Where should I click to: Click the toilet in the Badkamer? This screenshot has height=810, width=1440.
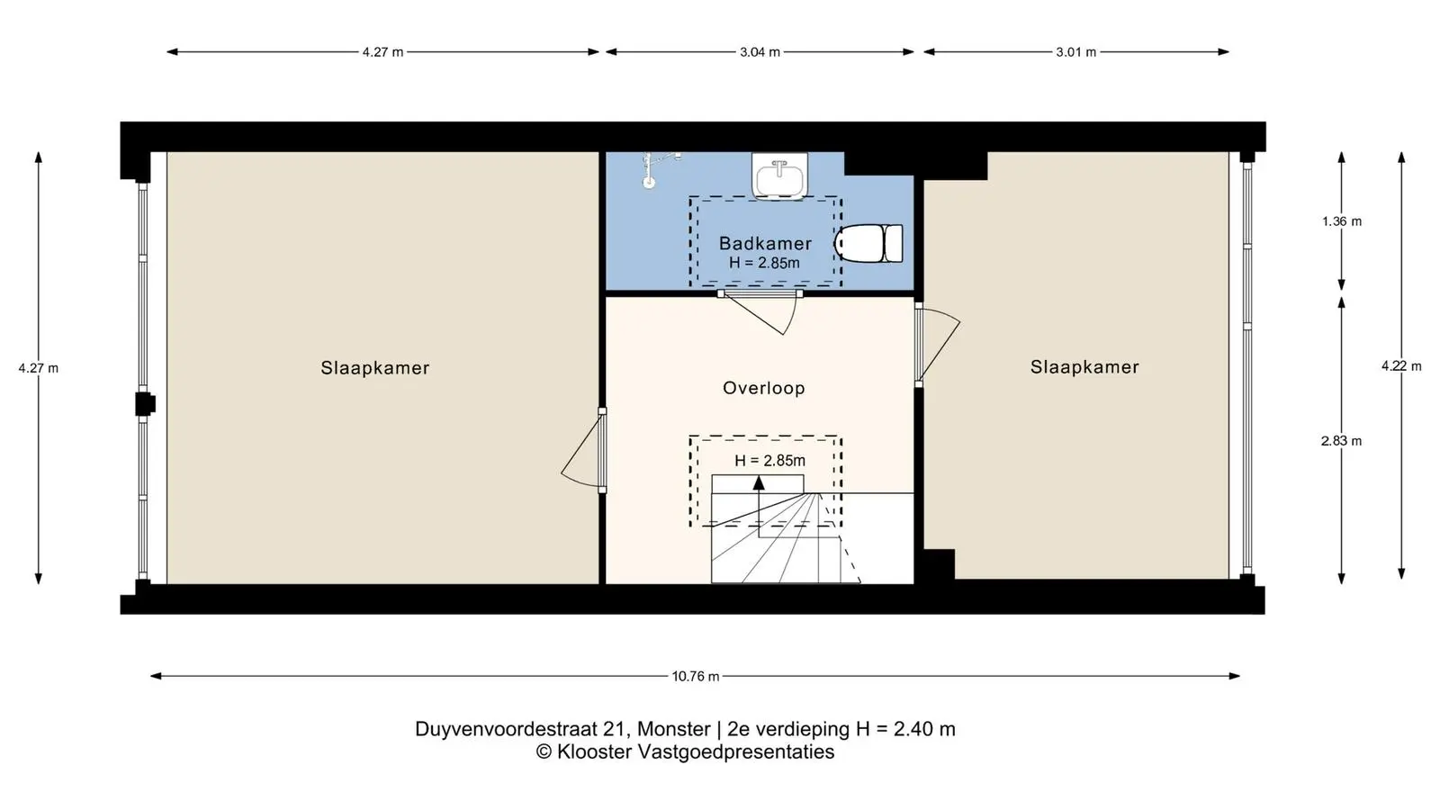[868, 243]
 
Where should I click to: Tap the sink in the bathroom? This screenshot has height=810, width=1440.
[779, 175]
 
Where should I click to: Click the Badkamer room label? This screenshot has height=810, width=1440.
[765, 244]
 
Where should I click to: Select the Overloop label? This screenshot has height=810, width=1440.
[764, 388]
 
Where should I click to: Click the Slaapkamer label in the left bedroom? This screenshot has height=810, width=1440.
[374, 368]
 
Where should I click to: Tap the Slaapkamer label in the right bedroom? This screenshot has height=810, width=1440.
[1084, 367]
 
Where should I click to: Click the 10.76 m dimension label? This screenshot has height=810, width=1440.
[696, 676]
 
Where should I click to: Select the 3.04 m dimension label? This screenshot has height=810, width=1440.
[760, 52]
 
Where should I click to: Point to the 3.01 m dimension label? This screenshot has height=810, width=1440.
[1076, 52]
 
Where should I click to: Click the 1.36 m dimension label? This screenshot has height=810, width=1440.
[1342, 221]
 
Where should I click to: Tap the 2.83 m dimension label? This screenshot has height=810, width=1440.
[1342, 441]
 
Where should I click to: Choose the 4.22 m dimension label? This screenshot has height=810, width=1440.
[1401, 365]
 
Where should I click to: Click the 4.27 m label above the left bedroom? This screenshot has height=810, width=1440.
[382, 52]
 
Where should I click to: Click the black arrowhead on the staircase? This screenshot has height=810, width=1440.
[760, 482]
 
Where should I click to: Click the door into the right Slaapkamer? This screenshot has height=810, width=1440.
[938, 344]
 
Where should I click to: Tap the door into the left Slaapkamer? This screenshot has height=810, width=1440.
[581, 449]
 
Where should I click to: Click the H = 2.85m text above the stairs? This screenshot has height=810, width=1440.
[769, 460]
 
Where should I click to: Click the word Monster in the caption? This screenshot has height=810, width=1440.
[674, 729]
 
